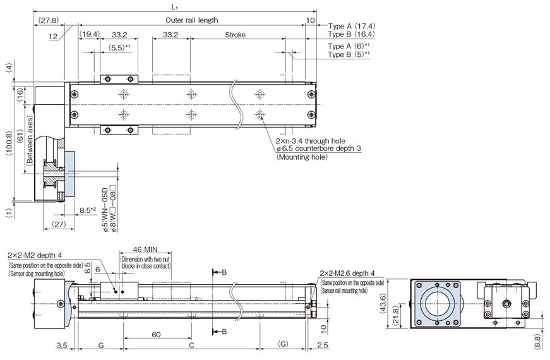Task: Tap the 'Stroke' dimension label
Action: (x=235, y=35)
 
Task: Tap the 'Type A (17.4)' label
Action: (x=354, y=26)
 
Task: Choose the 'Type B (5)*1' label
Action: (x=349, y=55)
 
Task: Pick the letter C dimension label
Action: (x=191, y=346)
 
